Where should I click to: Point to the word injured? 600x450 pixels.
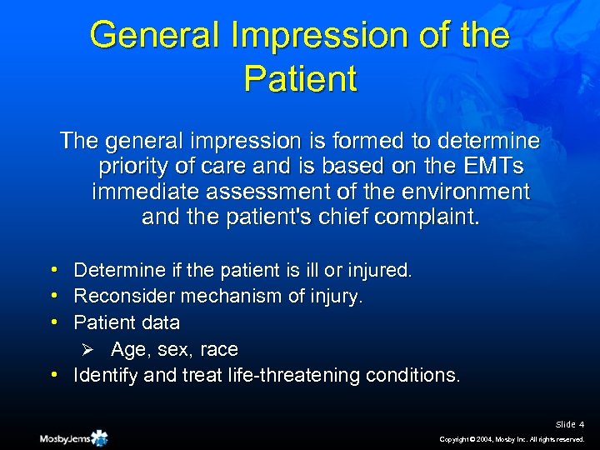pos(380,270)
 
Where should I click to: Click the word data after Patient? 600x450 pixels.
pos(161,322)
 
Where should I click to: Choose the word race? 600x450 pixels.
pos(218,348)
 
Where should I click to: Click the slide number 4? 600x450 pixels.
pos(581,425)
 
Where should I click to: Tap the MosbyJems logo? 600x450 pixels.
pos(73,437)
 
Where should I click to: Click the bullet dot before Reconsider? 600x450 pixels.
pos(52,296)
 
